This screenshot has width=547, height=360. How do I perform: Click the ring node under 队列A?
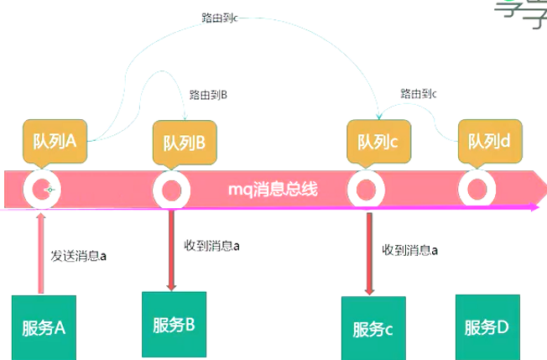point(41,191)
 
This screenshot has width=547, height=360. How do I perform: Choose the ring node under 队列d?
point(477,190)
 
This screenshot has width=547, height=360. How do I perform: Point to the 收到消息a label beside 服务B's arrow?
point(211,246)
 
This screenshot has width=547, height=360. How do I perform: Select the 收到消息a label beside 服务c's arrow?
point(410,249)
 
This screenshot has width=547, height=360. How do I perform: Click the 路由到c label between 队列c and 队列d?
point(419,93)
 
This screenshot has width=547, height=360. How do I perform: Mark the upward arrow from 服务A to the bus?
point(39,252)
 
